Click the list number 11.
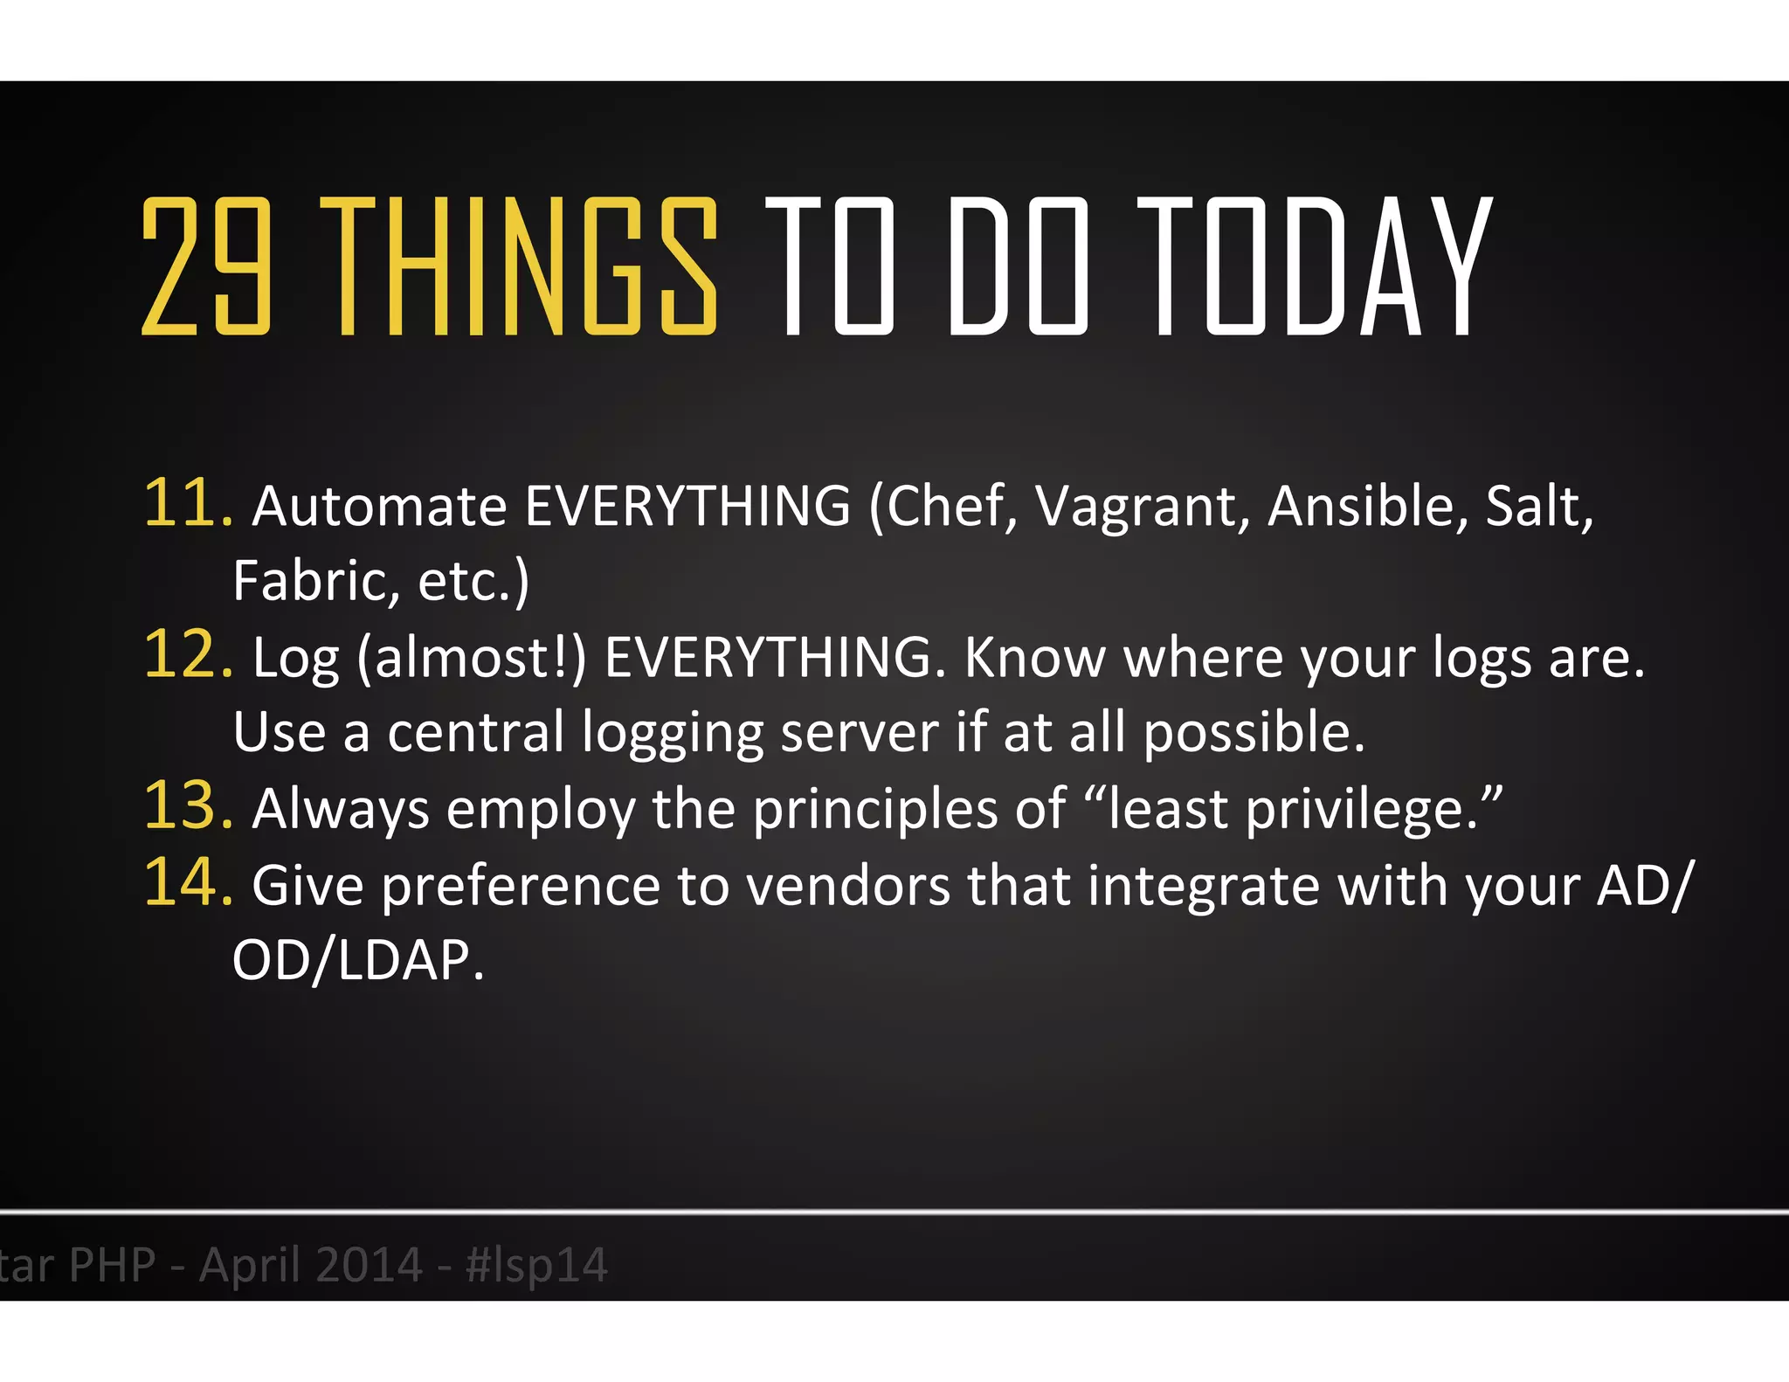click(186, 504)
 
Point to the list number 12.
click(186, 655)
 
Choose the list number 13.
click(186, 806)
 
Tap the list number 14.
click(186, 882)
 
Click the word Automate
click(379, 507)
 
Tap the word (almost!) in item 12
click(472, 658)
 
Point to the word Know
click(1035, 658)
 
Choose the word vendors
click(847, 886)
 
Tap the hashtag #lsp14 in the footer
click(536, 1265)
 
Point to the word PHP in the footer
click(112, 1265)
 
